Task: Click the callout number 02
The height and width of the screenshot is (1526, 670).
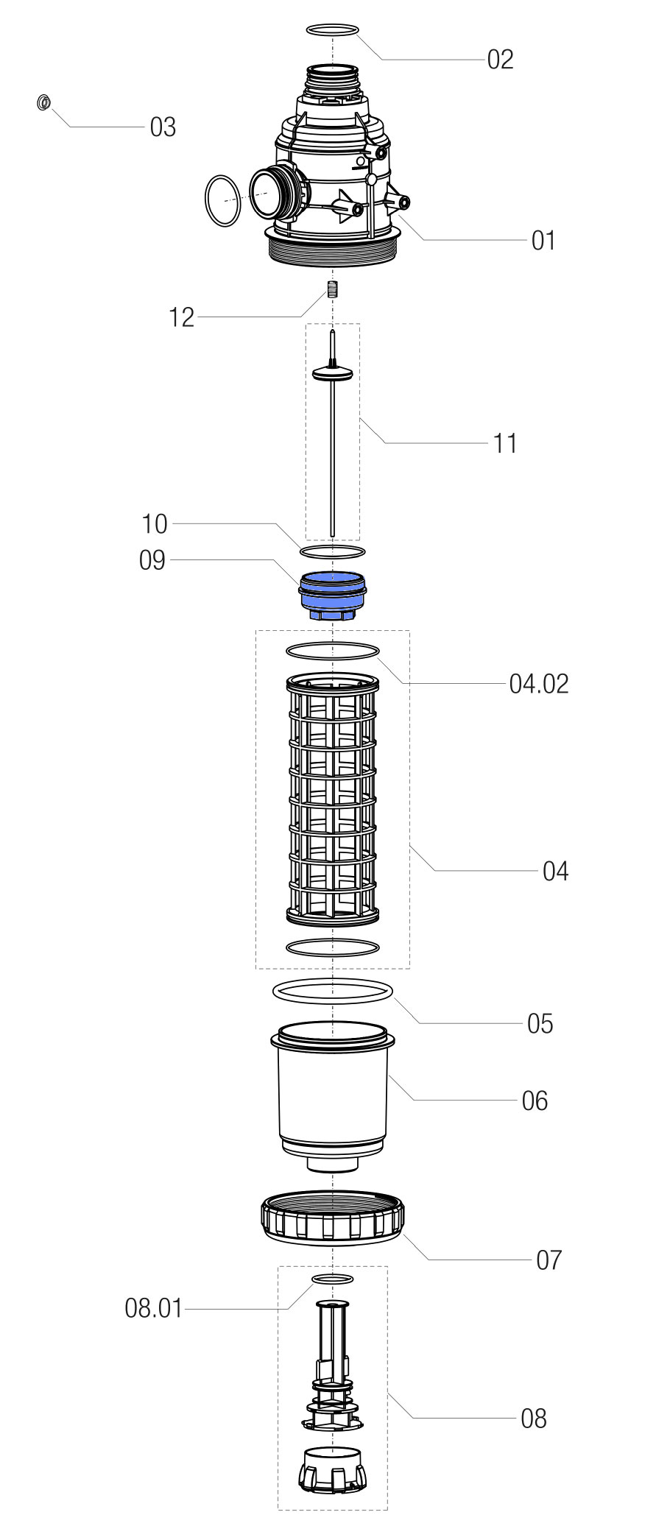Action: tap(500, 60)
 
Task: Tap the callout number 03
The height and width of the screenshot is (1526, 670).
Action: tap(163, 127)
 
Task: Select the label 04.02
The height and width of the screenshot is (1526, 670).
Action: tap(539, 684)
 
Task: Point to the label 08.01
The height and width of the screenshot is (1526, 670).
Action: tap(153, 1310)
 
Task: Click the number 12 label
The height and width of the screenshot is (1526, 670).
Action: tap(181, 317)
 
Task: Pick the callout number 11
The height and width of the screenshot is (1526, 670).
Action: tap(505, 443)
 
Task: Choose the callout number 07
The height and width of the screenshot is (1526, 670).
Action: tap(549, 1260)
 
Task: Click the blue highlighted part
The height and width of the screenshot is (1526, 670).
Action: tap(332, 595)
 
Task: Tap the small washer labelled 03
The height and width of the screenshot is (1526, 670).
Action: tap(43, 102)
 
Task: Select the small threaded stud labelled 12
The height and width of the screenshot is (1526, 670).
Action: tap(332, 289)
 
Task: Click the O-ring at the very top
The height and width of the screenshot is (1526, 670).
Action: tap(332, 29)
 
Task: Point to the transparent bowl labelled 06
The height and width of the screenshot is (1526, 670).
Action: tap(332, 1097)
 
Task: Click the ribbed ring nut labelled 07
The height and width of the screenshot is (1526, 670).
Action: tap(332, 1218)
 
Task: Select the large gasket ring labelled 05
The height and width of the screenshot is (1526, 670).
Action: tap(332, 992)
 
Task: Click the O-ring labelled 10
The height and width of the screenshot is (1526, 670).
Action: tap(332, 551)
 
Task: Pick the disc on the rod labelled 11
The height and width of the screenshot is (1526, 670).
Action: tap(333, 374)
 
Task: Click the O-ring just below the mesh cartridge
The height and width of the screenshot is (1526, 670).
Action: tap(332, 947)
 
